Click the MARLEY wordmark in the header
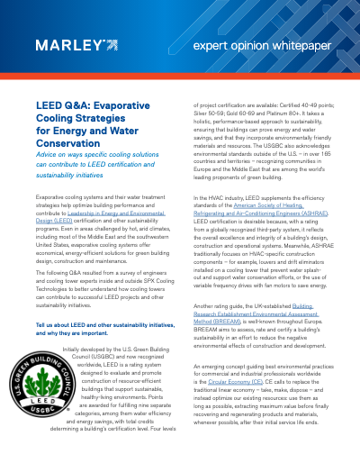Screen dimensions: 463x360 coord(67,44)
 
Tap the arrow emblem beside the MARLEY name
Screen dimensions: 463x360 coord(110,44)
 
